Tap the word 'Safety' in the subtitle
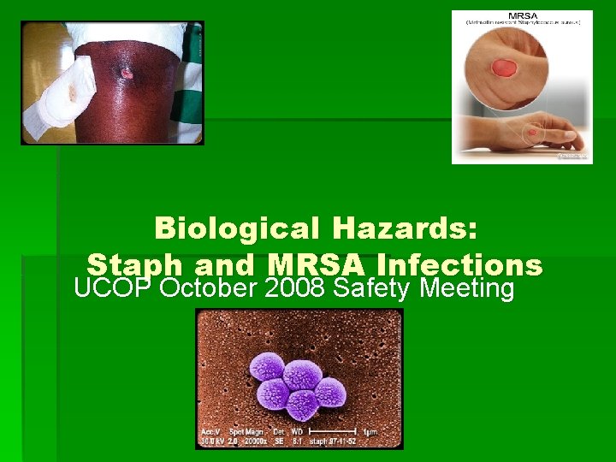coord(373,288)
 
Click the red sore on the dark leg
coord(127,74)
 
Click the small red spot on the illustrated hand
coord(532,133)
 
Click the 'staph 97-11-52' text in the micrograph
coord(348,441)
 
